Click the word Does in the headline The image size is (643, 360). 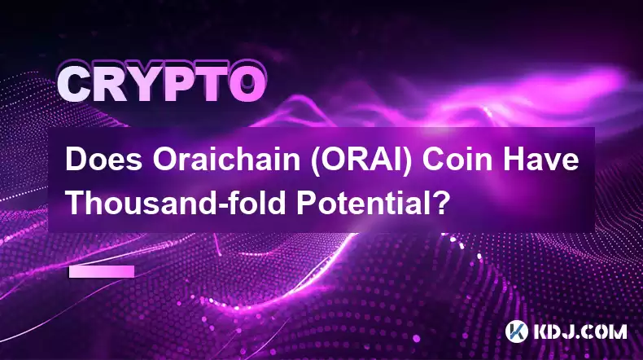(x=103, y=160)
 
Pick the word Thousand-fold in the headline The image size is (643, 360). (x=176, y=203)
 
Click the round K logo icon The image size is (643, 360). (x=516, y=331)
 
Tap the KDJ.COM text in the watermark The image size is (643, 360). (x=580, y=331)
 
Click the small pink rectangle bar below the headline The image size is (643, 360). (x=102, y=271)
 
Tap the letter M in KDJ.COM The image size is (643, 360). (x=618, y=331)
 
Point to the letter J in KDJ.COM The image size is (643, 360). (x=569, y=331)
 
